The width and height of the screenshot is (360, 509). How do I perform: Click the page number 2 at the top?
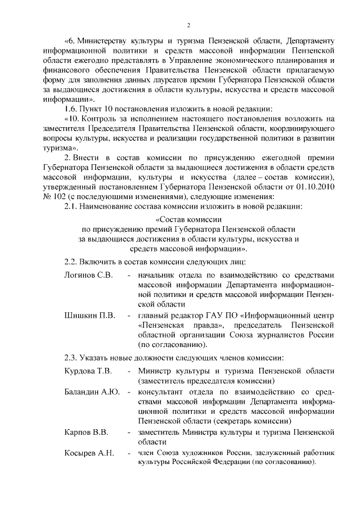[189, 25]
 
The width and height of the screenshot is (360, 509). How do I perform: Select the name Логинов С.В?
[89, 275]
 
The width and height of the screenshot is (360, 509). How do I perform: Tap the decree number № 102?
[53, 196]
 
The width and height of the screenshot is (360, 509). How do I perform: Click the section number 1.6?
[71, 108]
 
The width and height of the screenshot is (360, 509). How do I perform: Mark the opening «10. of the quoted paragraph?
[73, 118]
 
